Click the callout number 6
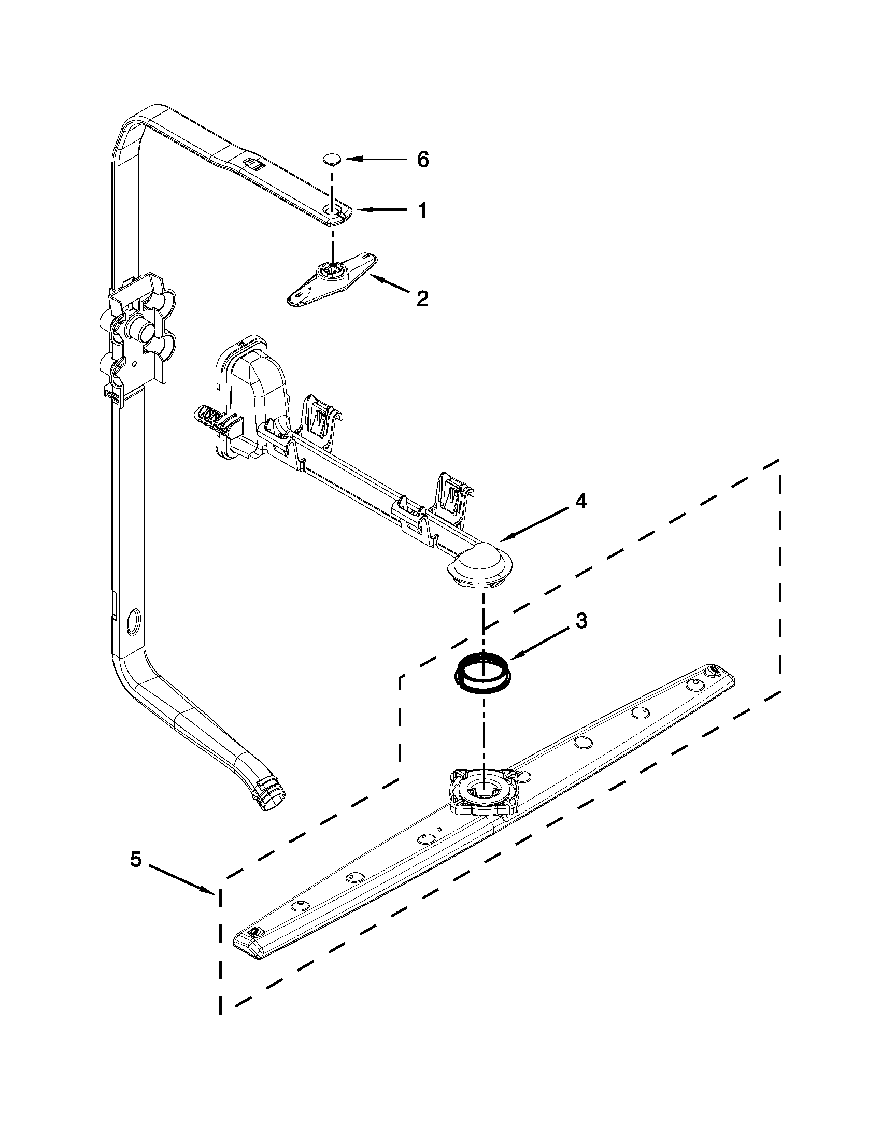(422, 159)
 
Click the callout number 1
(422, 210)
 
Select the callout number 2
(422, 298)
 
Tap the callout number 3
(581, 621)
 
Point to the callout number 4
(581, 502)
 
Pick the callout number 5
(136, 859)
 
